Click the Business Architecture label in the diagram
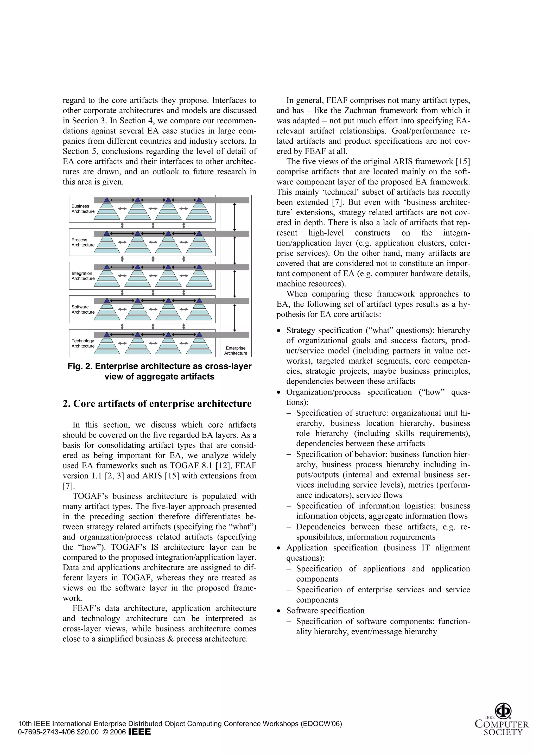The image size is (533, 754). pos(83,208)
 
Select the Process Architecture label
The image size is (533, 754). pos(83,242)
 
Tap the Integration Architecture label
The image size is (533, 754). pos(83,276)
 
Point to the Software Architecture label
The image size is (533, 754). pos(83,309)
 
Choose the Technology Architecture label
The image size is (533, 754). pos(83,343)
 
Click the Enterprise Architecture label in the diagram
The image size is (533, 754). pos(236,350)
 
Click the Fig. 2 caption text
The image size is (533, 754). pos(159,371)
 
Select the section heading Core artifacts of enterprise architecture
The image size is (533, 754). pos(157,404)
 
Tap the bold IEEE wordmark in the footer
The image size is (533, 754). pos(139,732)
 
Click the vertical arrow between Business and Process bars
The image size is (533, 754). pos(234,217)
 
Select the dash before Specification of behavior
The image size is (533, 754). pos(289,454)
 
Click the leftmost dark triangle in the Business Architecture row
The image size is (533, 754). pos(107,200)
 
